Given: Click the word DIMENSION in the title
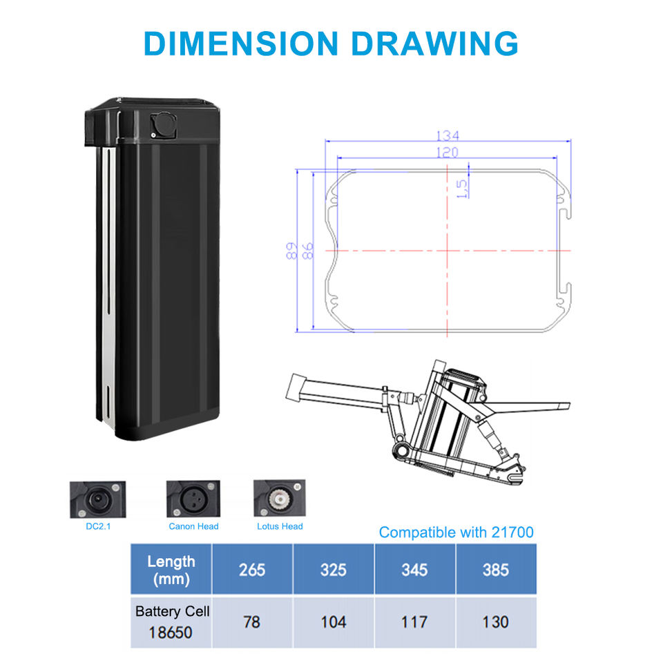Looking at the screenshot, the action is (241, 44).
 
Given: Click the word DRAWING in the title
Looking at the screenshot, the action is (434, 44).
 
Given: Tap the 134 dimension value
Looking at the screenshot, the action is (448, 136).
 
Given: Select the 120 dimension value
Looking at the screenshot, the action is (448, 152).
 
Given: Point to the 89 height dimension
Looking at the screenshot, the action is (291, 251).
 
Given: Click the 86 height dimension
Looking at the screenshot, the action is (307, 251).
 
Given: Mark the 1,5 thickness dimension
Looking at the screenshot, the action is (462, 189).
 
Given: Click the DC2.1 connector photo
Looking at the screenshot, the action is (97, 499).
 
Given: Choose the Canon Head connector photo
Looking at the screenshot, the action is (193, 499).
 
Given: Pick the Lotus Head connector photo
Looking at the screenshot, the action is (280, 498).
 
